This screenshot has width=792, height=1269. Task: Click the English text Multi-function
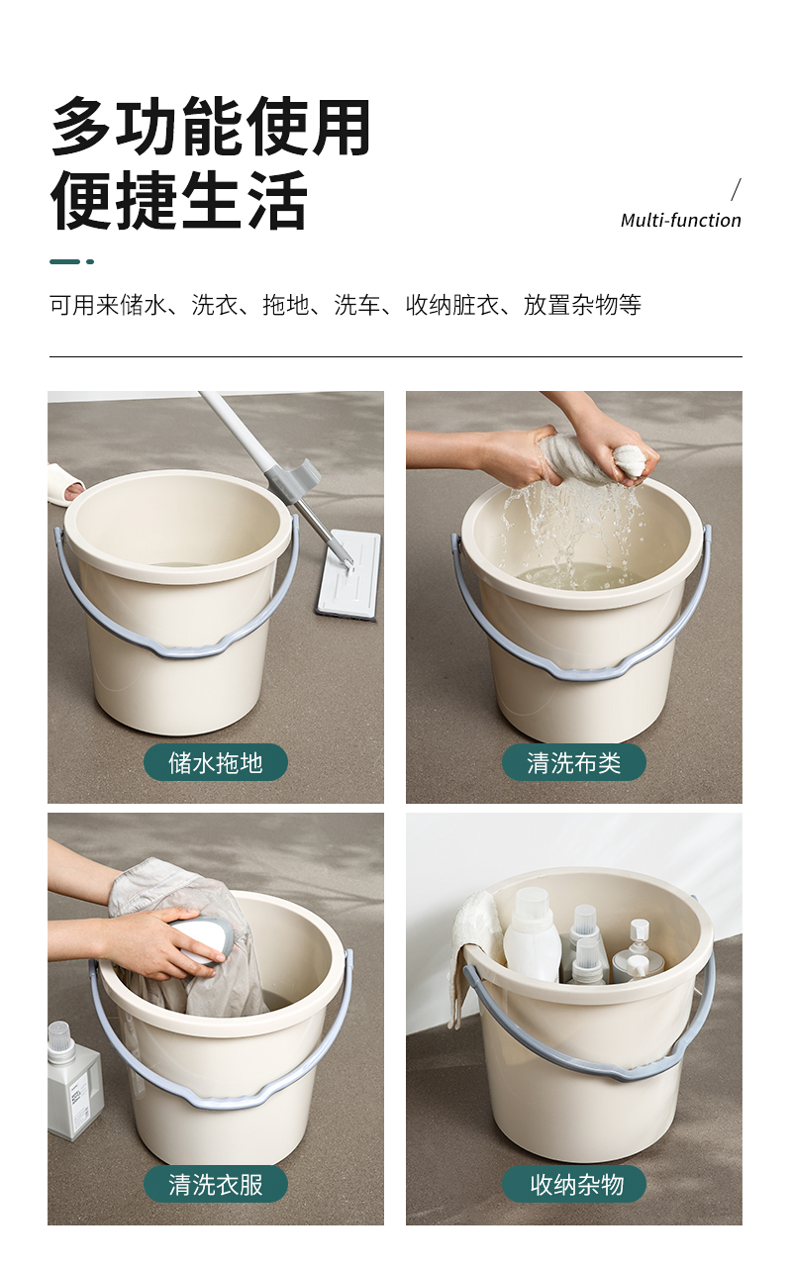(x=680, y=221)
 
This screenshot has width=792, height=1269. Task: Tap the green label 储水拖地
(x=216, y=762)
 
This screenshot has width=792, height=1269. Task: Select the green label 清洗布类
(x=574, y=762)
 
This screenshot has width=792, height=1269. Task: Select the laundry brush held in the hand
(x=198, y=941)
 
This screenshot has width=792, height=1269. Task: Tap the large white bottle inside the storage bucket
(x=532, y=937)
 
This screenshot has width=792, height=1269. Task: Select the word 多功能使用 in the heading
(x=211, y=126)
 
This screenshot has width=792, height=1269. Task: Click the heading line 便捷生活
(x=179, y=200)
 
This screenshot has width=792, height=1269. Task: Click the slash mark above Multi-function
(x=736, y=190)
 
